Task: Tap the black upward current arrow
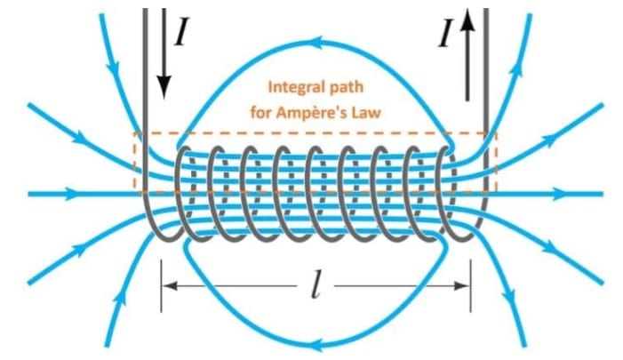pyautogui.click(x=468, y=53)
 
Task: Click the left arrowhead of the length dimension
pyautogui.click(x=169, y=285)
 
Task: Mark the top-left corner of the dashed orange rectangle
pyautogui.click(x=134, y=134)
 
